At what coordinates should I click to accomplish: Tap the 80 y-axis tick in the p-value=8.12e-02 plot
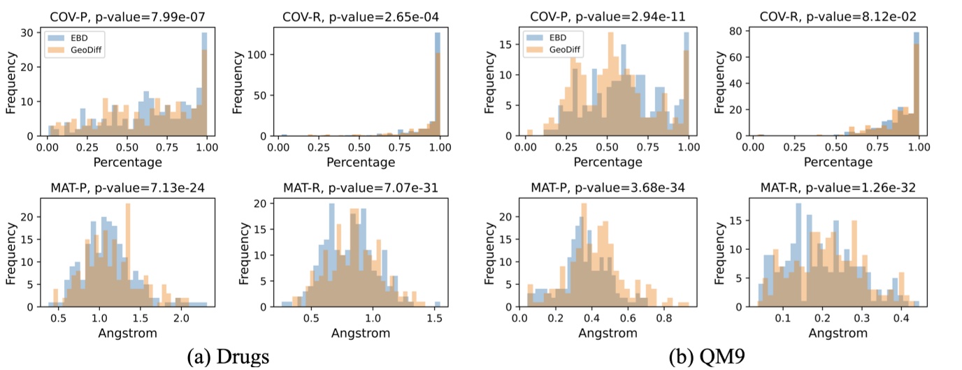tap(736, 31)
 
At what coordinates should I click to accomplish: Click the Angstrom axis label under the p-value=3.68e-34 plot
tap(607, 333)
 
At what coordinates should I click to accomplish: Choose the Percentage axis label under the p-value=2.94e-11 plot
tap(607, 162)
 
